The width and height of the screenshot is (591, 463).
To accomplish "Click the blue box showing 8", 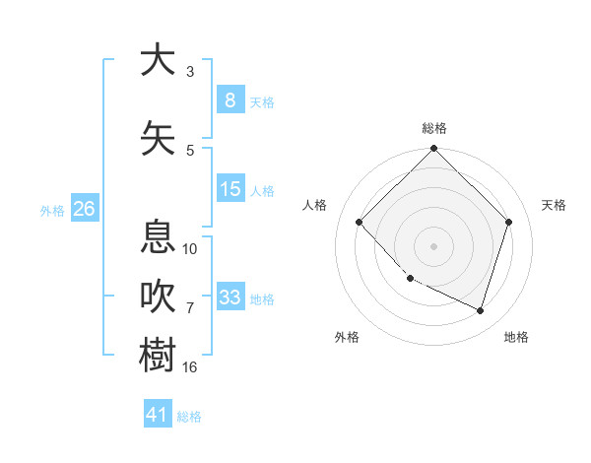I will point(230,99).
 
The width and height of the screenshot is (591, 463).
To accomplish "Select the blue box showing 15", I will point(230,189).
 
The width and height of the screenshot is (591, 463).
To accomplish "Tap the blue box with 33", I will point(230,297).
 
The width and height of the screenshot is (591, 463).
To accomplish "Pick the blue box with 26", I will point(84,209).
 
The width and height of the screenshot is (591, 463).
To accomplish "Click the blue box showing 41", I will point(158,415).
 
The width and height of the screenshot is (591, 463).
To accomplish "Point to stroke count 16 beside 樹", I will point(190,366).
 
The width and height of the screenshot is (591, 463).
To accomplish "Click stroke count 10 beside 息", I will point(190,248).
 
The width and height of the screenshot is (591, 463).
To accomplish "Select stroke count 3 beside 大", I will point(190,71).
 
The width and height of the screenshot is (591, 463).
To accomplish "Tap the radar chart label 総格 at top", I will point(434,128).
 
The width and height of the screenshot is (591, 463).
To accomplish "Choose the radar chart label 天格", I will point(554,205).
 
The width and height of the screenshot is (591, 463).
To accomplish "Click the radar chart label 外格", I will point(347,337).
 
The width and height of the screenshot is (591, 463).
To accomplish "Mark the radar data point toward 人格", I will point(360,223).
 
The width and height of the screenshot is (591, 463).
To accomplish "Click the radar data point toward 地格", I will point(481,310).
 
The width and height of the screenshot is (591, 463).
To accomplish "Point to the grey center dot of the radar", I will point(434,246).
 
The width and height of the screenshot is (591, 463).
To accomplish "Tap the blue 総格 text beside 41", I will point(189,417).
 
